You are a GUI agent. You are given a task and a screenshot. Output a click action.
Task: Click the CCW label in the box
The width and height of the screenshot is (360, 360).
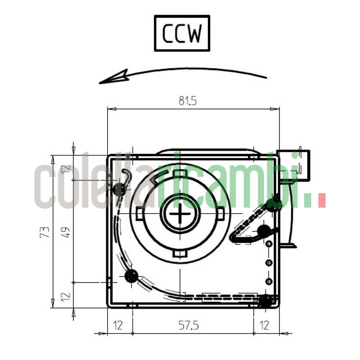(182, 33)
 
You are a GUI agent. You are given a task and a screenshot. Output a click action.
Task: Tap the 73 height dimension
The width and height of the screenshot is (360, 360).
(45, 232)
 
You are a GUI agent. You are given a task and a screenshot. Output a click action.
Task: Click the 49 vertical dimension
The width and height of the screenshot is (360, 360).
(66, 232)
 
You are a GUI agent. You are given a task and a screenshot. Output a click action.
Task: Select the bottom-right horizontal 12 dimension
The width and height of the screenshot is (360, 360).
(265, 325)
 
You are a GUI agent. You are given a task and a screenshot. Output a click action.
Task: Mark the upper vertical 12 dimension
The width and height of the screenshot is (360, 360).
(66, 169)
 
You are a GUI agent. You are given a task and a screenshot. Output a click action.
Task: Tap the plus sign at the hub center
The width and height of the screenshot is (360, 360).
(181, 213)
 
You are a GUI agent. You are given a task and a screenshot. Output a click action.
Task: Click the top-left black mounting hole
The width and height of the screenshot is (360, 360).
(119, 189)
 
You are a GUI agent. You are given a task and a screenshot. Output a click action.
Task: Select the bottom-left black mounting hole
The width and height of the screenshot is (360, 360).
(131, 275)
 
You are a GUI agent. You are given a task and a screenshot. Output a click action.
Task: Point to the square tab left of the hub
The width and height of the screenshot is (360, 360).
(139, 213)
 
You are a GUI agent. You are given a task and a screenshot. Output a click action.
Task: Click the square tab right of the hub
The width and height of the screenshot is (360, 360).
(221, 213)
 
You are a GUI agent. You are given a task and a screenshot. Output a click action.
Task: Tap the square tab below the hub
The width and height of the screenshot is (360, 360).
(180, 254)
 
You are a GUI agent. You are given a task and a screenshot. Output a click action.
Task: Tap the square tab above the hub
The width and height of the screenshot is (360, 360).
(180, 174)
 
